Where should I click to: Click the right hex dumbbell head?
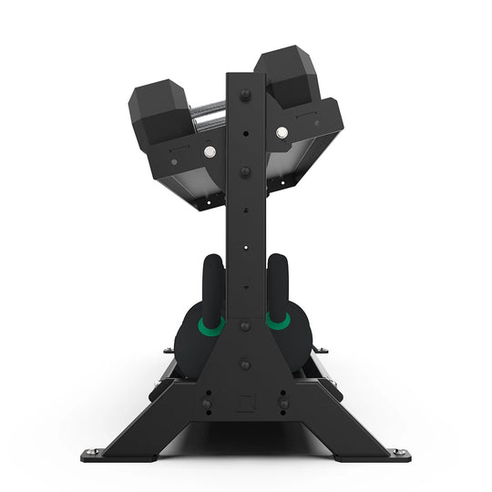[287, 78]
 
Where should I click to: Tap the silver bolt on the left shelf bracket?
[210, 152]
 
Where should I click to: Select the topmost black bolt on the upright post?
[244, 94]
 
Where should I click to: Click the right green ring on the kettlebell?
[277, 320]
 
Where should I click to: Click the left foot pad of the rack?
[94, 454]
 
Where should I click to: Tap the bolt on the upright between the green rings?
[244, 325]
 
